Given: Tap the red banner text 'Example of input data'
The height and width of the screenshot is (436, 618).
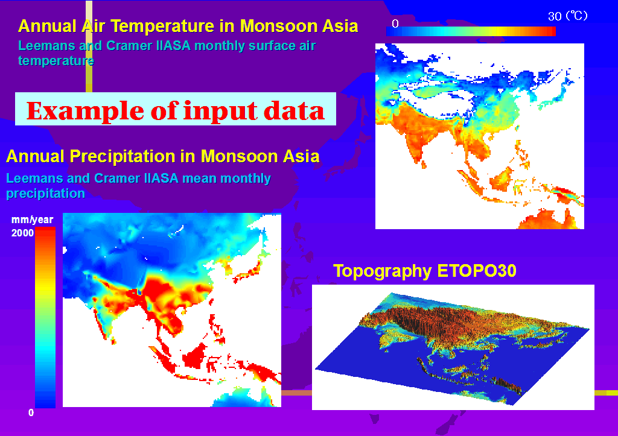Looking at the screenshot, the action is pyautogui.click(x=176, y=110).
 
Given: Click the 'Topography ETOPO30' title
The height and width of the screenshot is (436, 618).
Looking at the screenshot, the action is pyautogui.click(x=424, y=271).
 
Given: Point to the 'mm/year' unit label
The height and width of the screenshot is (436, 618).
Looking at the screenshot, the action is pyautogui.click(x=33, y=220).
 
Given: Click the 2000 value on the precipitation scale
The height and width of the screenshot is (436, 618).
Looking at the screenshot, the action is pyautogui.click(x=22, y=233).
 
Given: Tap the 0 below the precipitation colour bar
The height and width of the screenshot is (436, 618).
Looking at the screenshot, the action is pyautogui.click(x=31, y=412).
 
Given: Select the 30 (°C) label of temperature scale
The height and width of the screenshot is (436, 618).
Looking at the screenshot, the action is pyautogui.click(x=567, y=16).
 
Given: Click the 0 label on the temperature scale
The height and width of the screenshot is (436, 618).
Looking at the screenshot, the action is pyautogui.click(x=395, y=24).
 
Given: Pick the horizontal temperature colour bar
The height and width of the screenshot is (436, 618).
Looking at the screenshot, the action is pyautogui.click(x=471, y=31).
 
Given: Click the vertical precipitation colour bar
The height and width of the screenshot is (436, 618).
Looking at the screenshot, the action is pyautogui.click(x=45, y=317).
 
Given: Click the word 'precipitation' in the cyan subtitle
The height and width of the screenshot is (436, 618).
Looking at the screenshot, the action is pyautogui.click(x=45, y=194).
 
